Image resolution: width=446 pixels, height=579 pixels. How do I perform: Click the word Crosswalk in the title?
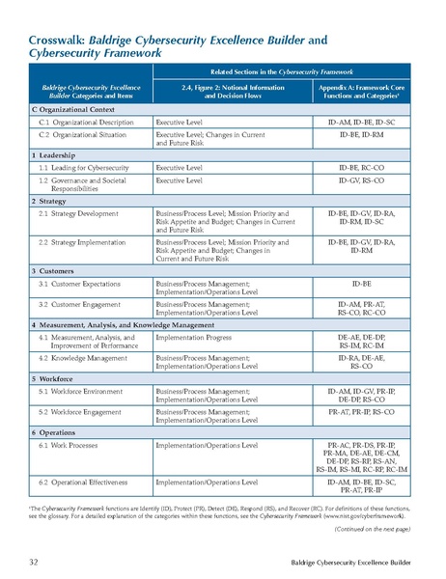click(50, 41)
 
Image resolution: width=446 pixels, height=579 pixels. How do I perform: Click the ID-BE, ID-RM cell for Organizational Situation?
click(362, 138)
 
